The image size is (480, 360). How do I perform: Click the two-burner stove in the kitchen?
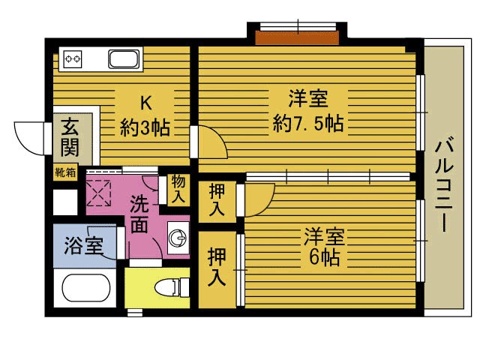click(x=73, y=58)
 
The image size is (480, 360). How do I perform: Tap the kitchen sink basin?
click(x=124, y=59)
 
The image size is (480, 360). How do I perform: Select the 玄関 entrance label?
click(x=70, y=137)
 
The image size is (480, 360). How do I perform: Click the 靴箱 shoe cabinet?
click(x=65, y=172)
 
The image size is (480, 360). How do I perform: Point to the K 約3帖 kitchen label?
click(x=145, y=115)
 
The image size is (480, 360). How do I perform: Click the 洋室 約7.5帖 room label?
click(x=308, y=110)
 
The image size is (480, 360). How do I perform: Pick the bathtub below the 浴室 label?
click(x=86, y=288)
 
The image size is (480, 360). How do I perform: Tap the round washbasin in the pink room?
click(x=178, y=238)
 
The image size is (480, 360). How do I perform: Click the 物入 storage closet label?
click(x=178, y=189)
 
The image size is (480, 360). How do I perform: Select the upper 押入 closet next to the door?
click(x=217, y=201)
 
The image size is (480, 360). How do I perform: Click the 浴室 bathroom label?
click(x=83, y=246)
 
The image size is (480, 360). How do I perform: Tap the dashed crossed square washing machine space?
click(x=98, y=193)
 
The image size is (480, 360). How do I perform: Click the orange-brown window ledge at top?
click(x=297, y=37)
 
